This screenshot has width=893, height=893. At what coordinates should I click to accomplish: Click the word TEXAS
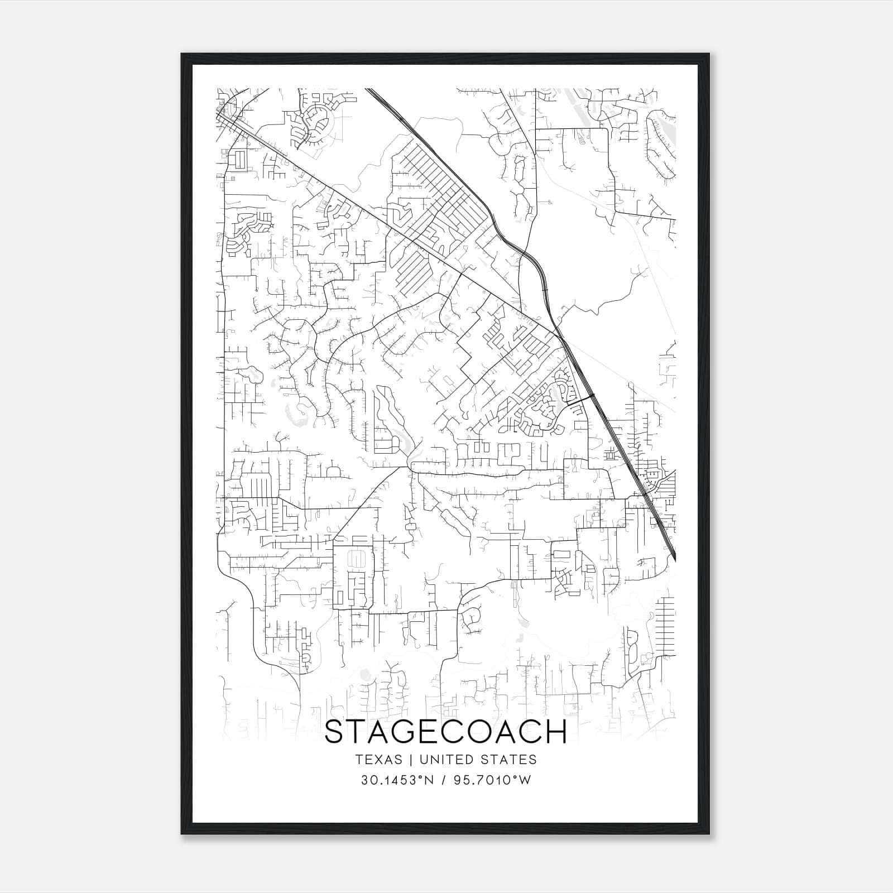(x=378, y=760)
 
